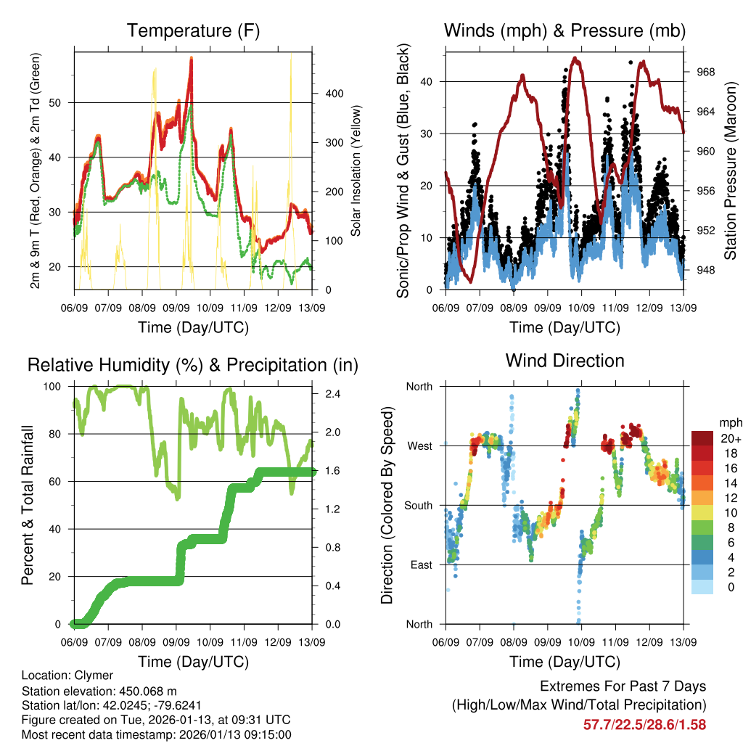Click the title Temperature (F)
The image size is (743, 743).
193,31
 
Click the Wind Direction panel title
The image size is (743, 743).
565,361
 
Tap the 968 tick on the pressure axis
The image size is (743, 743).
706,72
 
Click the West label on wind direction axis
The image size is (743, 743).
419,446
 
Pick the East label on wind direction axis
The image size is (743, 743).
420,565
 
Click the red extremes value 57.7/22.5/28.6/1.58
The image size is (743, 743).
644,724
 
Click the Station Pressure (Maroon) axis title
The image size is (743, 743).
730,171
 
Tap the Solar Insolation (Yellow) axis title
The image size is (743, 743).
356,171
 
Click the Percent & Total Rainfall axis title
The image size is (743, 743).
28,505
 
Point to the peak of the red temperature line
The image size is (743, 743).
191,58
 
